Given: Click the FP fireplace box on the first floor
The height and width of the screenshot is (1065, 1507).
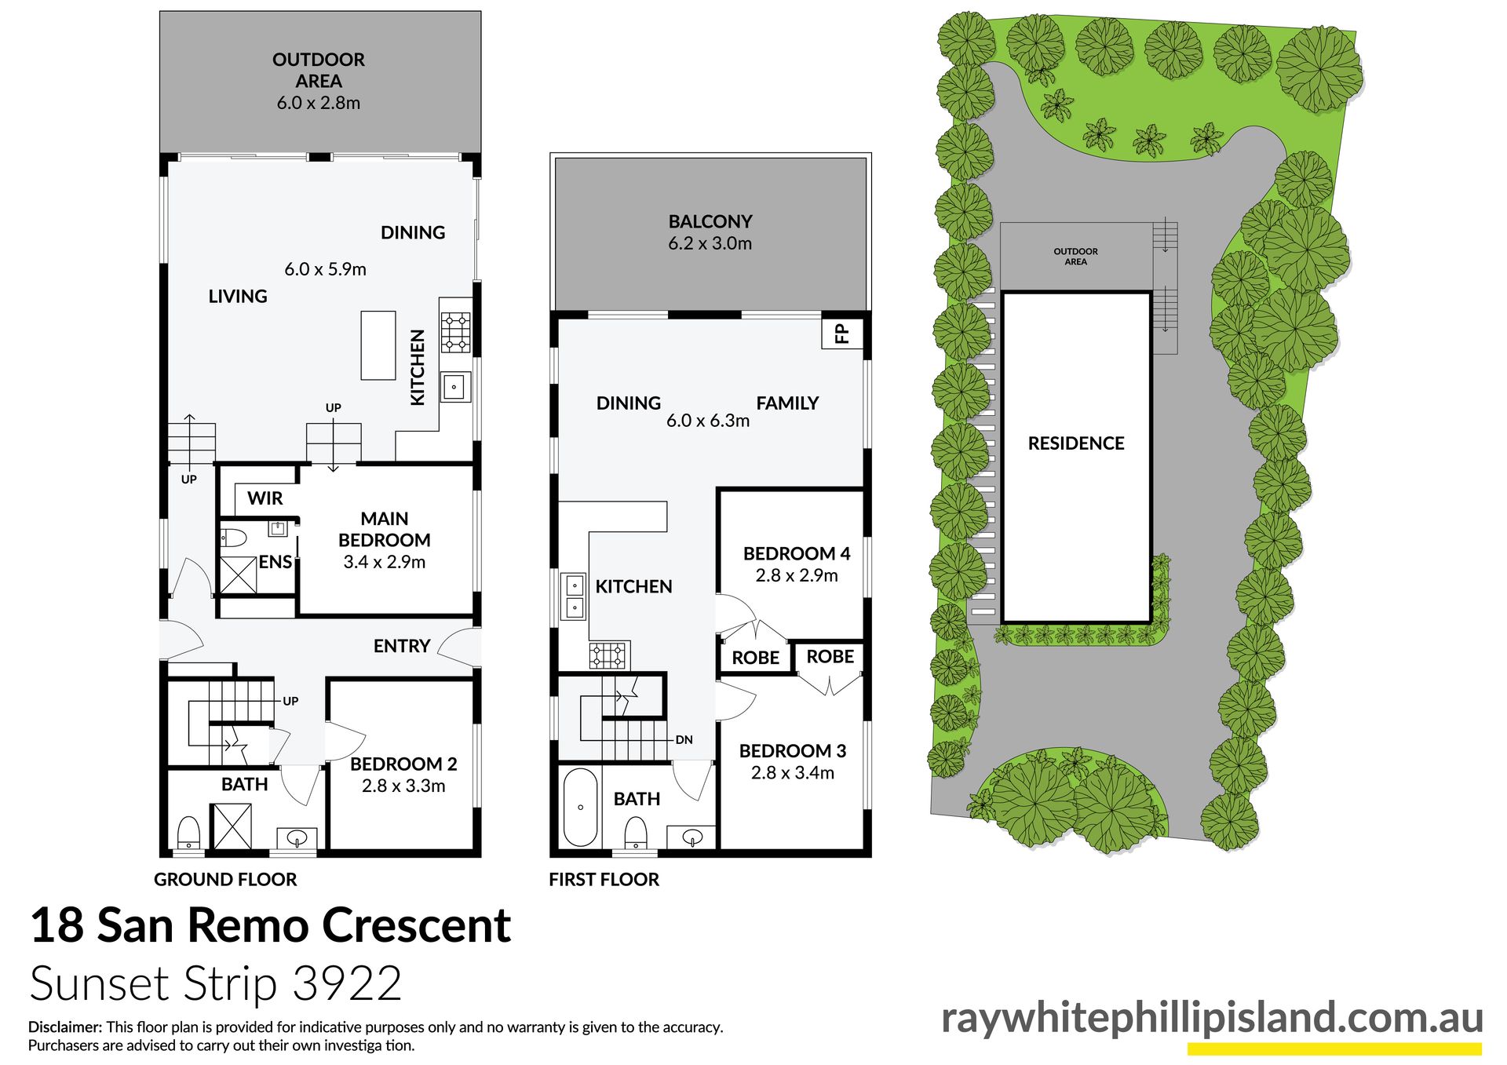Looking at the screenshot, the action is (x=842, y=334).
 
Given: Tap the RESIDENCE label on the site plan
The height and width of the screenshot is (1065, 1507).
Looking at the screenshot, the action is (x=1076, y=443).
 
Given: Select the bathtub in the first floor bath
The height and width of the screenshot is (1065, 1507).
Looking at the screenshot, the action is (x=580, y=807).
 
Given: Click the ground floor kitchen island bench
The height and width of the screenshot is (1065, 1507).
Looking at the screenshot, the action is (x=378, y=345).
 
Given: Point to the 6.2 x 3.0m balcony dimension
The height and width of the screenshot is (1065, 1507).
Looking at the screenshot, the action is (x=710, y=243).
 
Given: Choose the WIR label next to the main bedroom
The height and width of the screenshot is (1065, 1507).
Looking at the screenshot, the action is (x=265, y=498).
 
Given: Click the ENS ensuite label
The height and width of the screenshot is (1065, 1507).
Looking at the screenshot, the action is (x=275, y=562).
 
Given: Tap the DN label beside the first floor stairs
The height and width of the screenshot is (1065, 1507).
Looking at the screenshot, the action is (x=684, y=739).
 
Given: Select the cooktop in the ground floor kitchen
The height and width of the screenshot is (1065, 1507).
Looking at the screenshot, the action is (x=455, y=332).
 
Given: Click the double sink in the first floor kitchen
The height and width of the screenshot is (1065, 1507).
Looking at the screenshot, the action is (x=575, y=596).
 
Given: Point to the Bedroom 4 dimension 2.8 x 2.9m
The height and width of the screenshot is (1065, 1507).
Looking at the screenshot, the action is (x=797, y=575).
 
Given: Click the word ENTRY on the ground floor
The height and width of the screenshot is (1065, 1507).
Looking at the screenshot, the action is (x=402, y=646).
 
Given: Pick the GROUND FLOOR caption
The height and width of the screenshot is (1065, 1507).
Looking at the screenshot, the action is (x=225, y=880).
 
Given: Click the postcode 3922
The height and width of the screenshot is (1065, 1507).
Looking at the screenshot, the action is (x=347, y=983).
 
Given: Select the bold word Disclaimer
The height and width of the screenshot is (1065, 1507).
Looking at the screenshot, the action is (x=65, y=1027).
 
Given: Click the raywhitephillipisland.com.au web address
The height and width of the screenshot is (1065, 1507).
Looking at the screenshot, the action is (x=1212, y=1018).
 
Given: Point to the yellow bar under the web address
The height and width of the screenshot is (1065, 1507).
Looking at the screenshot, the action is (x=1334, y=1049).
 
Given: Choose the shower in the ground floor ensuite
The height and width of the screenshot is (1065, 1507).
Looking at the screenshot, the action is (x=238, y=574).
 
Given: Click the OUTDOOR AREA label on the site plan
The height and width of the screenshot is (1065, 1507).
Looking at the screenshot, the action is (x=1075, y=257).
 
